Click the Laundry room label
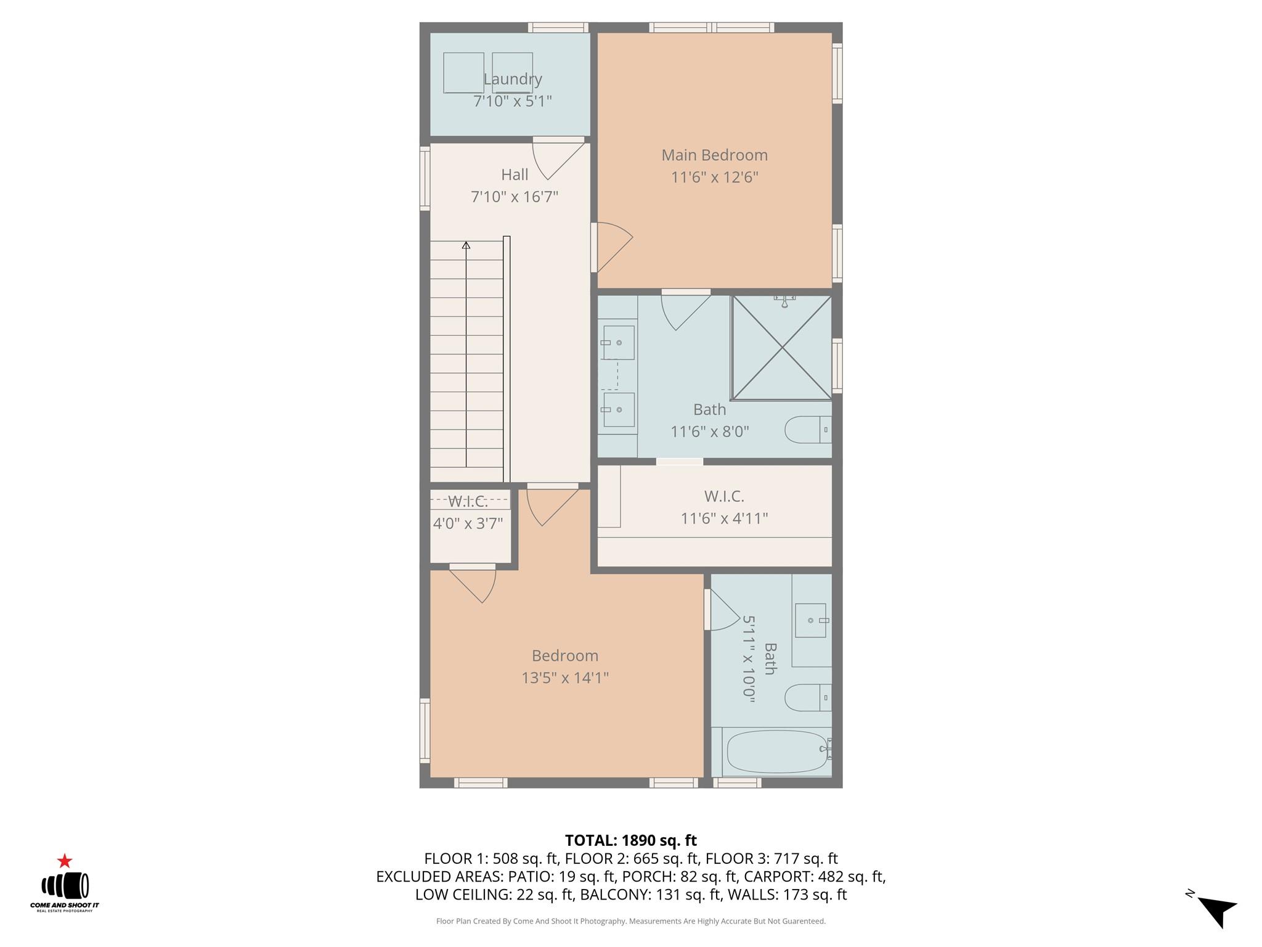(512, 79)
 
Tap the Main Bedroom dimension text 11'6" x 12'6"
(714, 178)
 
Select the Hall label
(515, 174)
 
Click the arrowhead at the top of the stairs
(466, 245)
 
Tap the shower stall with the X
(781, 348)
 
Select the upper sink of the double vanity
(618, 343)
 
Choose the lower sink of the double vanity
(618, 410)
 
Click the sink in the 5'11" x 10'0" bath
(810, 620)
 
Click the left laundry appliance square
(463, 73)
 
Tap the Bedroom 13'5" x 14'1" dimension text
(565, 678)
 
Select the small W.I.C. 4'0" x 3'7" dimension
(468, 524)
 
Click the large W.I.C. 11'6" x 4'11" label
(724, 496)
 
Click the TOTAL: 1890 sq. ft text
(630, 840)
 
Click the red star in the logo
(65, 861)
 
